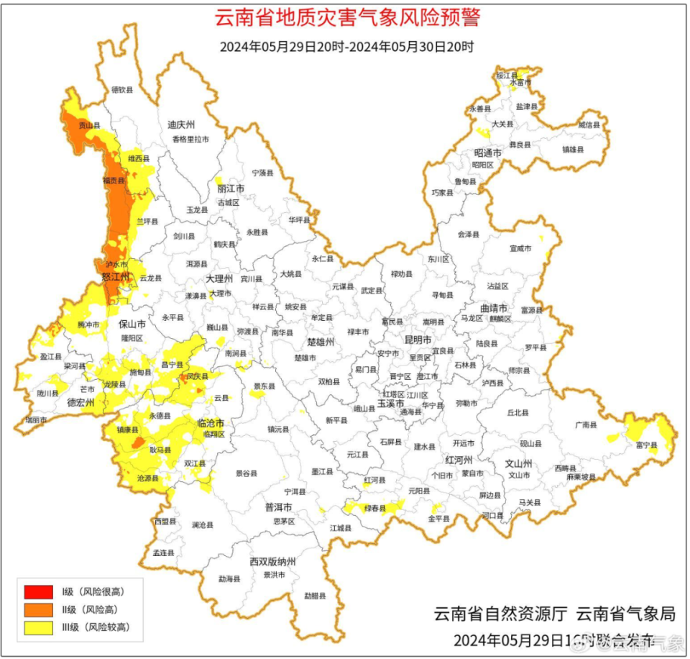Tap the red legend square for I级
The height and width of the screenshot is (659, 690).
(x=38, y=592)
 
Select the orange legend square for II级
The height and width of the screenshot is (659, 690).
(x=38, y=609)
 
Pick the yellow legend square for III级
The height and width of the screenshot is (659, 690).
(x=38, y=627)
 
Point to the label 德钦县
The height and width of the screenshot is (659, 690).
(x=122, y=90)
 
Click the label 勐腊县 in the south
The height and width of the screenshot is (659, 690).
(x=314, y=596)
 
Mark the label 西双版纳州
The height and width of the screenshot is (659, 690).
(x=272, y=561)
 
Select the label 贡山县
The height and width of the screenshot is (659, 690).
(x=90, y=125)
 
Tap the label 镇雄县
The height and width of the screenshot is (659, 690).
(x=573, y=150)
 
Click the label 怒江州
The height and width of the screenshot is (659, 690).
(x=114, y=277)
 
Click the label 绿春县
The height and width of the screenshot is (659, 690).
(x=375, y=508)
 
